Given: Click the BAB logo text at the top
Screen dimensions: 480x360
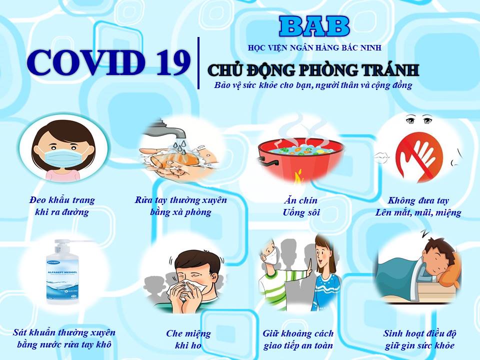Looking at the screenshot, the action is point(314,26).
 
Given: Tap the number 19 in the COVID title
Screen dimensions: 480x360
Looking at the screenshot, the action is point(173,63).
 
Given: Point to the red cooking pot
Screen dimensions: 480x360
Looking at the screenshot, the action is point(300,159).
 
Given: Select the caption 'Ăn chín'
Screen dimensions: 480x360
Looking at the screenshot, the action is point(300,200).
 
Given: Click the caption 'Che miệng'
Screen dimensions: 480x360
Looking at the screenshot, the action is point(188,333).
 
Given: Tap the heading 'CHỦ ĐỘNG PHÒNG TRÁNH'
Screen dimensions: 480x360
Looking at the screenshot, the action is point(313,70).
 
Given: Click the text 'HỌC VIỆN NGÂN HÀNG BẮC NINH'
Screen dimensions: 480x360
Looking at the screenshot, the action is point(314,48).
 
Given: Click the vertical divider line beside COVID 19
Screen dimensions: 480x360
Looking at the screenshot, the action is point(198,63).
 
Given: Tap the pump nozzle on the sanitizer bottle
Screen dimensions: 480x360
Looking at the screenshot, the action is point(73,241).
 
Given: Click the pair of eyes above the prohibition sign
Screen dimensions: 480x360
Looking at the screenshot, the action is point(419,120).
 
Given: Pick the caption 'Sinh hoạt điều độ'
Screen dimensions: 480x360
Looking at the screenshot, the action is point(419,333).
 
